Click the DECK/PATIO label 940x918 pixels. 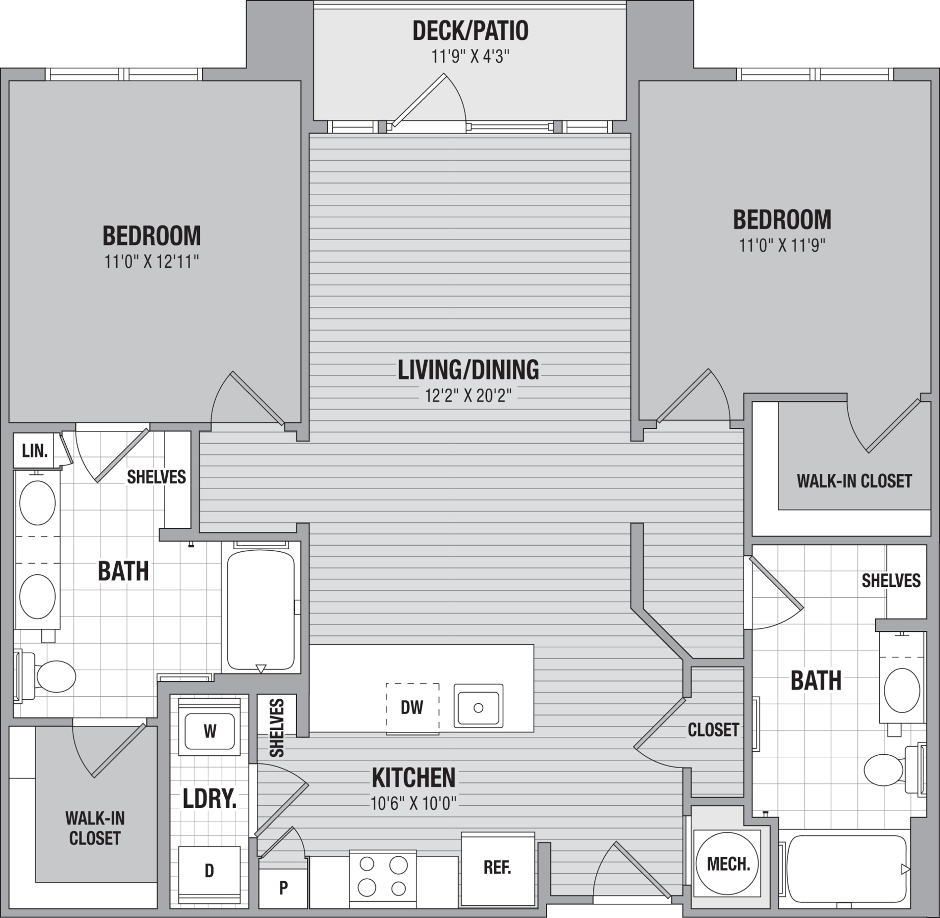470,31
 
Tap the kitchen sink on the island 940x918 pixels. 478,707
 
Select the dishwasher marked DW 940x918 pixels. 412,708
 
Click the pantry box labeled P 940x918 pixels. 283,888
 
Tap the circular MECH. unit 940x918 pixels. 728,864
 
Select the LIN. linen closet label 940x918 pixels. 35,451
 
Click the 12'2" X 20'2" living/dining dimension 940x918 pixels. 468,396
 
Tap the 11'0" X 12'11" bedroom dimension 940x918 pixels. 151,262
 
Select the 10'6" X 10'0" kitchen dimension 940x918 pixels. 413,804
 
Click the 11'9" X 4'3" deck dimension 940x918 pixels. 470,56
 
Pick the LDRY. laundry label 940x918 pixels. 210,799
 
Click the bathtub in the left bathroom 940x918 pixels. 261,608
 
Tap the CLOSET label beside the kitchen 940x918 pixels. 713,730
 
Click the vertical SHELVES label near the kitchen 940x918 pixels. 277,728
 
